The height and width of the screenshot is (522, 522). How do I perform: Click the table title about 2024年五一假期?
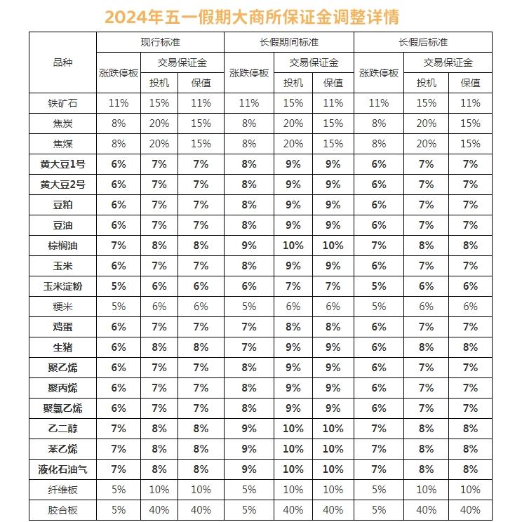pyautogui.click(x=261, y=16)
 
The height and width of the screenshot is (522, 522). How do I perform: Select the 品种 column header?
pyautogui.click(x=62, y=62)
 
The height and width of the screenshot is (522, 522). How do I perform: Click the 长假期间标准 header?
pyautogui.click(x=288, y=42)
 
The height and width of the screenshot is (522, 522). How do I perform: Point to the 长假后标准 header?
pyautogui.click(x=422, y=42)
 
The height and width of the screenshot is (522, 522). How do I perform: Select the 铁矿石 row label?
pyautogui.click(x=62, y=103)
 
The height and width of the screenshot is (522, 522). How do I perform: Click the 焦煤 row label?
pyautogui.click(x=62, y=144)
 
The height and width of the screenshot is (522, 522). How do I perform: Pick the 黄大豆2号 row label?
pyautogui.click(x=62, y=185)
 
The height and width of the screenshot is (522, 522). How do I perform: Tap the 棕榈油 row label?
pyautogui.click(x=62, y=246)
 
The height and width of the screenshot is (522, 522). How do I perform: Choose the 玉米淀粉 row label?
pyautogui.click(x=62, y=286)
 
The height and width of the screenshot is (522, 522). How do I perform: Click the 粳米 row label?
pyautogui.click(x=62, y=307)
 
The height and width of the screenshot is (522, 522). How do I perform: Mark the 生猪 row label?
pyautogui.click(x=62, y=347)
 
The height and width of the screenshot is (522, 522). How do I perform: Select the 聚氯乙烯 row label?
pyautogui.click(x=62, y=408)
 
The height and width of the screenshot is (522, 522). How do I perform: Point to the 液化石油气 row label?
pyautogui.click(x=62, y=469)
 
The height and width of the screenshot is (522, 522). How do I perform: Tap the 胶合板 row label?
pyautogui.click(x=62, y=510)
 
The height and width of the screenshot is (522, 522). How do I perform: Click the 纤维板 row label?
pyautogui.click(x=62, y=490)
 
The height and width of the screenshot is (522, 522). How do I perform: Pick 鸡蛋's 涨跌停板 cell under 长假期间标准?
pyautogui.click(x=249, y=327)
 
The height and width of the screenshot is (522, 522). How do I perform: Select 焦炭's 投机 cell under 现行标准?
pyautogui.click(x=158, y=123)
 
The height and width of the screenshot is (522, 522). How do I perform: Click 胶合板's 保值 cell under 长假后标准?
pyautogui.click(x=469, y=510)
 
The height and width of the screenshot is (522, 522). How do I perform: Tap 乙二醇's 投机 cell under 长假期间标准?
pyautogui.click(x=293, y=429)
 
